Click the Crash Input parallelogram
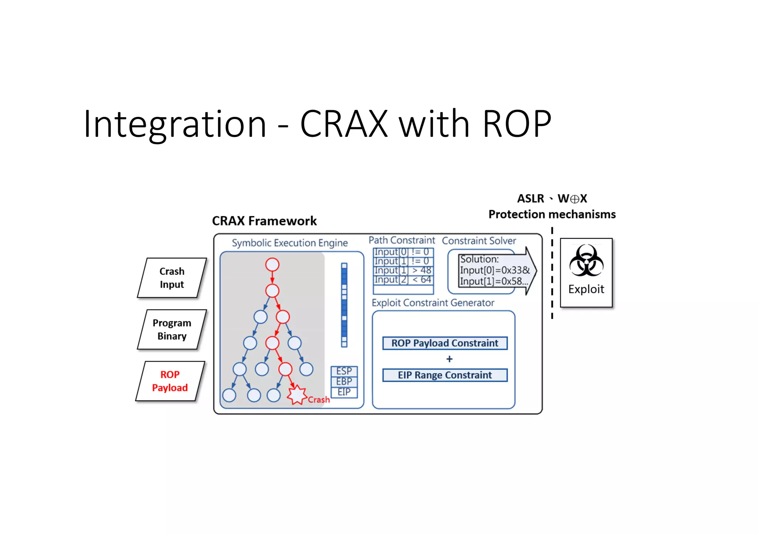[x=172, y=278]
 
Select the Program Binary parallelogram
[x=172, y=329]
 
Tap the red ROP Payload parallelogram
[x=170, y=381]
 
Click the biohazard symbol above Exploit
[x=586, y=261]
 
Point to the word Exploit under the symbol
[x=586, y=289]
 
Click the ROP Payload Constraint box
[x=445, y=343]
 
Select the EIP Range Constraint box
[x=445, y=375]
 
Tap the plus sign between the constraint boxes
[x=449, y=359]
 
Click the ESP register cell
[x=344, y=371]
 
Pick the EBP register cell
[x=344, y=382]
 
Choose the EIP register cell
[x=344, y=392]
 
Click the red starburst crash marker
[x=296, y=395]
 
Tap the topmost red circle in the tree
[x=272, y=265]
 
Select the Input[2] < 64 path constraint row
[x=403, y=280]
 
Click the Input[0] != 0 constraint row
[x=403, y=252]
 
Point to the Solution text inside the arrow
[x=479, y=259]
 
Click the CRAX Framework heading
[x=264, y=221]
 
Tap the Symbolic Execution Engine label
[x=289, y=243]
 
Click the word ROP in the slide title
[x=517, y=124]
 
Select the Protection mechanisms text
[x=552, y=214]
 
